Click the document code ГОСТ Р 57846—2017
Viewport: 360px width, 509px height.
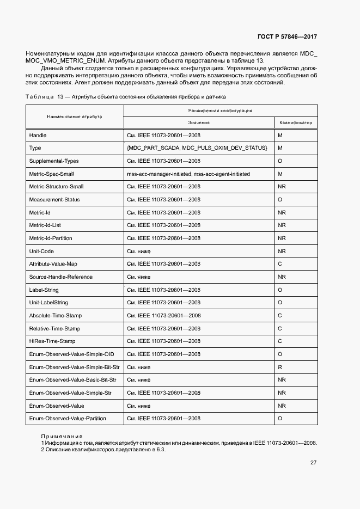tap(286, 37)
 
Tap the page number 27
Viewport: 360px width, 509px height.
tap(313, 462)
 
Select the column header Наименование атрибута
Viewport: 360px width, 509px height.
tap(74, 116)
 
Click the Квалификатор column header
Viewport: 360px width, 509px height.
tap(295, 123)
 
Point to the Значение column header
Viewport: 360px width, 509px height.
tap(199, 123)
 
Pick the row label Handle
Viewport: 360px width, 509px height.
tap(38, 135)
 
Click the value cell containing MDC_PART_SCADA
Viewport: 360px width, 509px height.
tap(197, 148)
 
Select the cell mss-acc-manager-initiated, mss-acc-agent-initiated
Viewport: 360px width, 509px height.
tap(188, 174)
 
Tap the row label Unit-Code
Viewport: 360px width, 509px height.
tap(41, 252)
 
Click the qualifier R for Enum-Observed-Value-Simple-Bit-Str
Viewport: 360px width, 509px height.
tap(279, 367)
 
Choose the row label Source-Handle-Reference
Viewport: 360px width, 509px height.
tap(60, 277)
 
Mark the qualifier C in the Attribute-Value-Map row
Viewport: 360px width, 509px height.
tap(279, 264)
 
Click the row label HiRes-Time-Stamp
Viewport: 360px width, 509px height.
tap(52, 341)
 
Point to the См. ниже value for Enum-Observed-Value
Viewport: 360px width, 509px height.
tap(139, 406)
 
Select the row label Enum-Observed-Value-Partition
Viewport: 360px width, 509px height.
tap(68, 419)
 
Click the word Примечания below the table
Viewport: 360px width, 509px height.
tap(62, 436)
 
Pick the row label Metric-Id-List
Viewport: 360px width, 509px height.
tap(45, 225)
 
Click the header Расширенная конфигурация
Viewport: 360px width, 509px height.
tap(219, 110)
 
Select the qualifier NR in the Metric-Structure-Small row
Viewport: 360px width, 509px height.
tap(282, 187)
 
